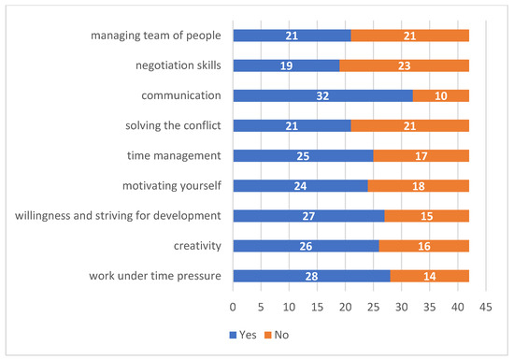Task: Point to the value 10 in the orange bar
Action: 440,95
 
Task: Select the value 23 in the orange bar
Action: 404,65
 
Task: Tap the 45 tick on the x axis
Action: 486,306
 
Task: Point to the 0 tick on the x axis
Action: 233,306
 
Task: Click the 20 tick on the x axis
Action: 345,306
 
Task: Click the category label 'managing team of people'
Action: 157,36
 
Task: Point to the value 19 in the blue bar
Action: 286,65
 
